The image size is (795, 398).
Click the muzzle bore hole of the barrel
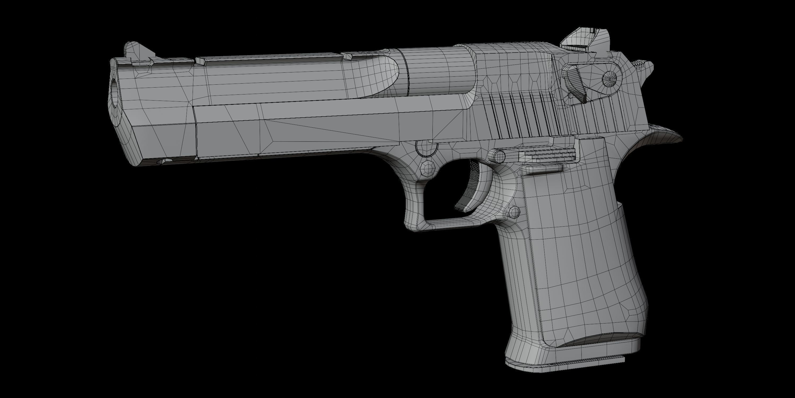pyautogui.click(x=114, y=93)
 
